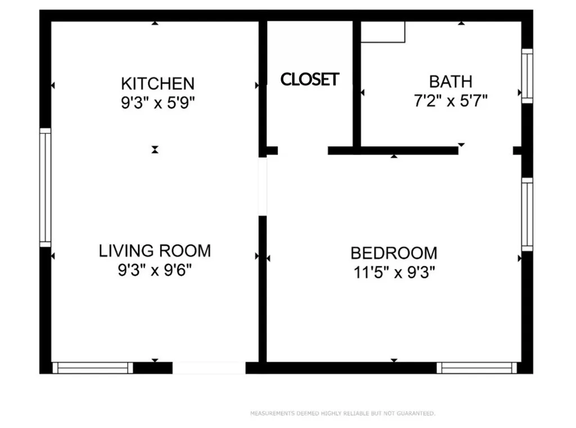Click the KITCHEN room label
pos(157,84)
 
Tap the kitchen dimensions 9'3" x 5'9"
pos(157,103)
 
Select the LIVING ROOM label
pos(155,250)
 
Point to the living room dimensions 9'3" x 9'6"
pos(155,270)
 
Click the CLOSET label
pos(310,79)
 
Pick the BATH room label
pos(451,82)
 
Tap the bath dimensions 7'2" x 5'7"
pos(451,101)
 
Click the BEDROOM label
pos(394,253)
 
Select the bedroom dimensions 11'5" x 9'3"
pos(394,273)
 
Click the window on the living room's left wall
pos(45,187)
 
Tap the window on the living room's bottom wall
pos(93,368)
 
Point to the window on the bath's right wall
pos(527,76)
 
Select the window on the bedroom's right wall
pos(527,214)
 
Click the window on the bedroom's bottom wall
pos(477,368)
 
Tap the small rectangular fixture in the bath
pos(382,32)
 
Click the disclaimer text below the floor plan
pos(343,414)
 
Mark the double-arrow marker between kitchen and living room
pos(155,150)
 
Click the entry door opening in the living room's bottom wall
pos(209,368)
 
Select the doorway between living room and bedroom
pos(262,186)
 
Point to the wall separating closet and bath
pos(357,84)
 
